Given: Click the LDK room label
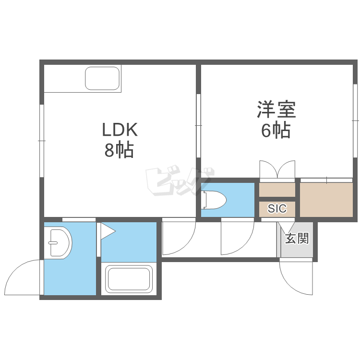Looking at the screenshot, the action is click(120, 130).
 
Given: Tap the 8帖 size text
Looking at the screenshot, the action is click(119, 150).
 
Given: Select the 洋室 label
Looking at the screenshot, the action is click(276, 109).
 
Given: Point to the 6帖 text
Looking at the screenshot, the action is click(276, 130).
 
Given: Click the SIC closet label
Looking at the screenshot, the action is click(277, 208).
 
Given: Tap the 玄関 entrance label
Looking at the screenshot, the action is click(297, 238).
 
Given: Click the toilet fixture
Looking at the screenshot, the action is click(214, 200).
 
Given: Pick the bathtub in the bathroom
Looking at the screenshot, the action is click(129, 279).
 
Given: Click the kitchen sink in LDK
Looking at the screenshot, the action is click(102, 79).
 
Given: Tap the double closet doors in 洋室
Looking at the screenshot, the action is click(277, 170).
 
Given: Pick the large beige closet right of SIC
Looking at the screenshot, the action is click(326, 200).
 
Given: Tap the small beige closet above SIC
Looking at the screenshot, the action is click(277, 190).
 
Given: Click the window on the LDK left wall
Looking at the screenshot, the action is click(42, 141).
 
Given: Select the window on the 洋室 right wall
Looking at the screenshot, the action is click(355, 120).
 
